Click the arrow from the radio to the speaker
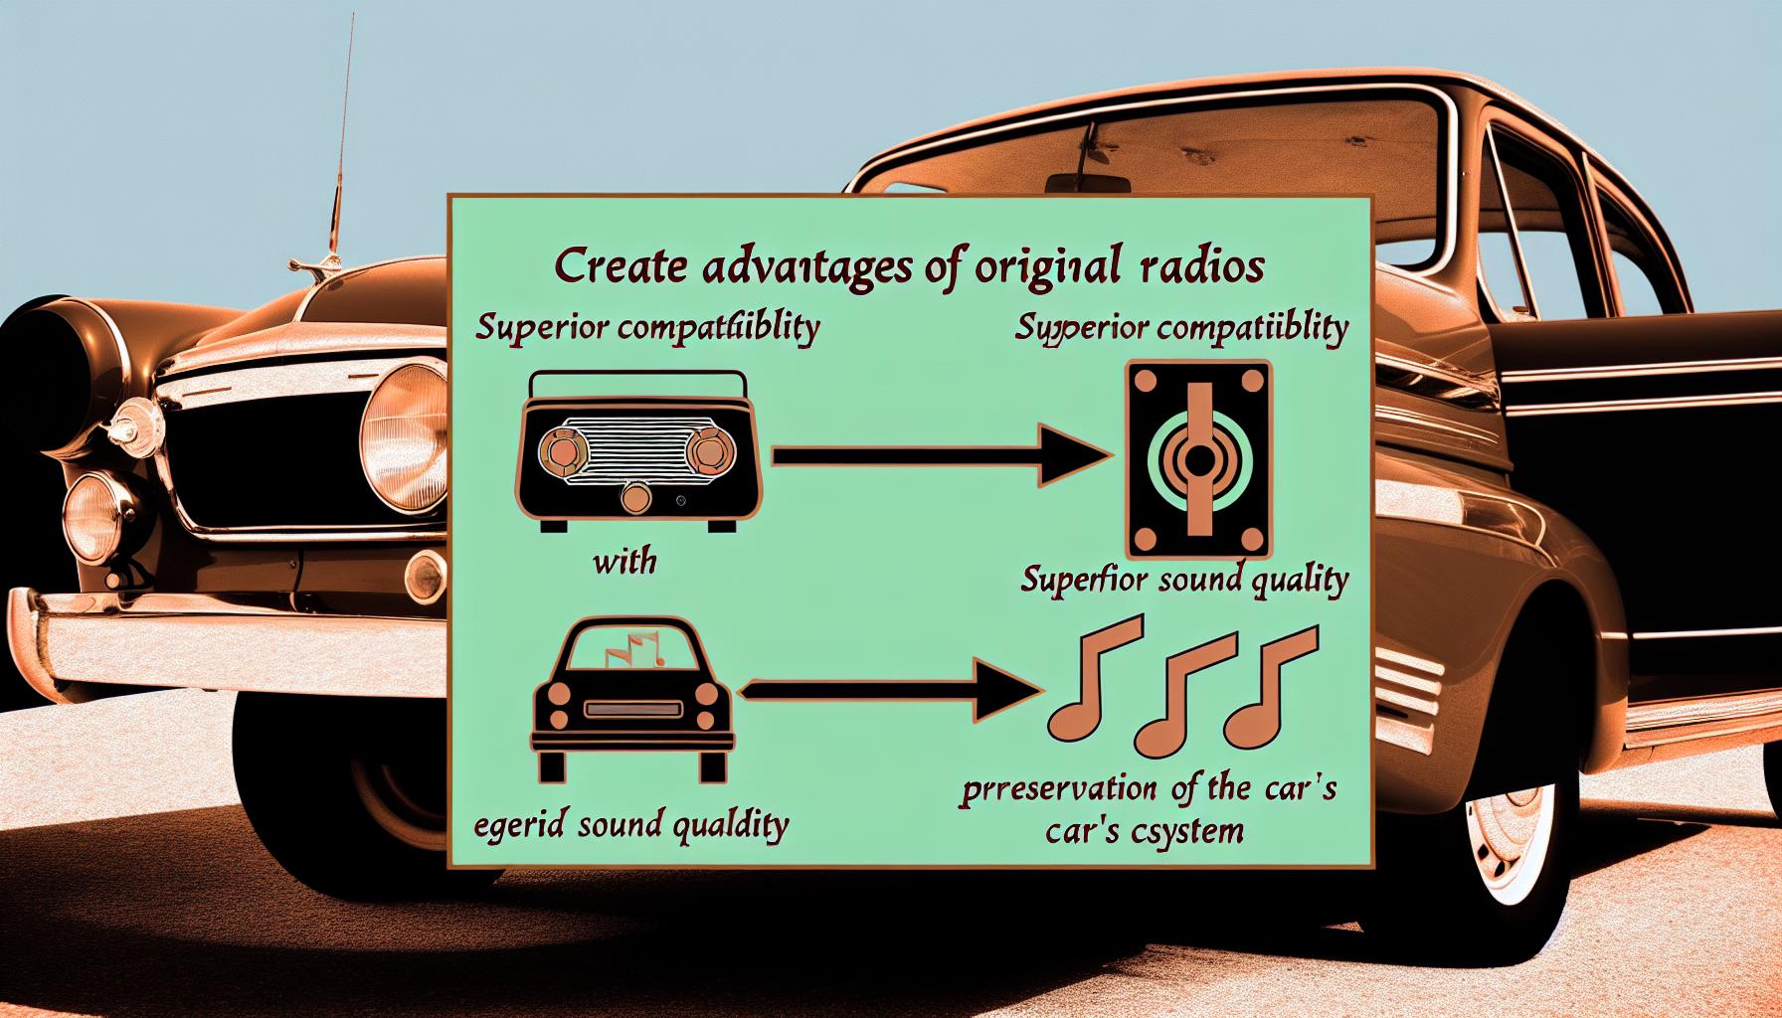pyautogui.click(x=940, y=455)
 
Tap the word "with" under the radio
pyautogui.click(x=624, y=564)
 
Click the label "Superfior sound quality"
pyautogui.click(x=1184, y=580)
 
